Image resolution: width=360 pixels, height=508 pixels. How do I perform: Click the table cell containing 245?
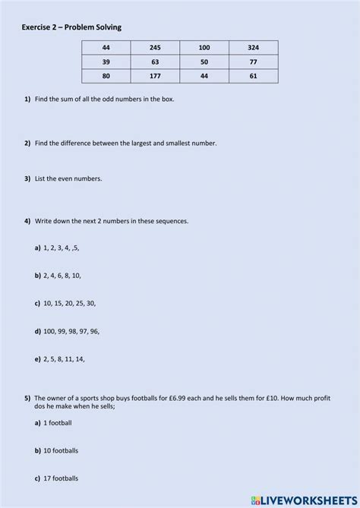[155, 48]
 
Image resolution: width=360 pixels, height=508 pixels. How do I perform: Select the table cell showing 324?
[253, 48]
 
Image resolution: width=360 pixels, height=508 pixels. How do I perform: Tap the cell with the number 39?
[106, 62]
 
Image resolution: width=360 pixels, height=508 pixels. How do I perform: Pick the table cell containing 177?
[155, 76]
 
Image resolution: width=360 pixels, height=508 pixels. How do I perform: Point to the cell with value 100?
[204, 48]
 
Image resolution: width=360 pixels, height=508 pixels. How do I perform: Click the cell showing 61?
[253, 76]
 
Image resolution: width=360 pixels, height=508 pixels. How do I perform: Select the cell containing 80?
[106, 76]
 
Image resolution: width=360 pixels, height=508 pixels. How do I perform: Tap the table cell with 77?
[253, 62]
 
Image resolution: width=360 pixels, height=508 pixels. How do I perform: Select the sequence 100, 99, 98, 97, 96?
[71, 330]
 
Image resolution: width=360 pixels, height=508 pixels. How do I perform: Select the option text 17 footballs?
[60, 478]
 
